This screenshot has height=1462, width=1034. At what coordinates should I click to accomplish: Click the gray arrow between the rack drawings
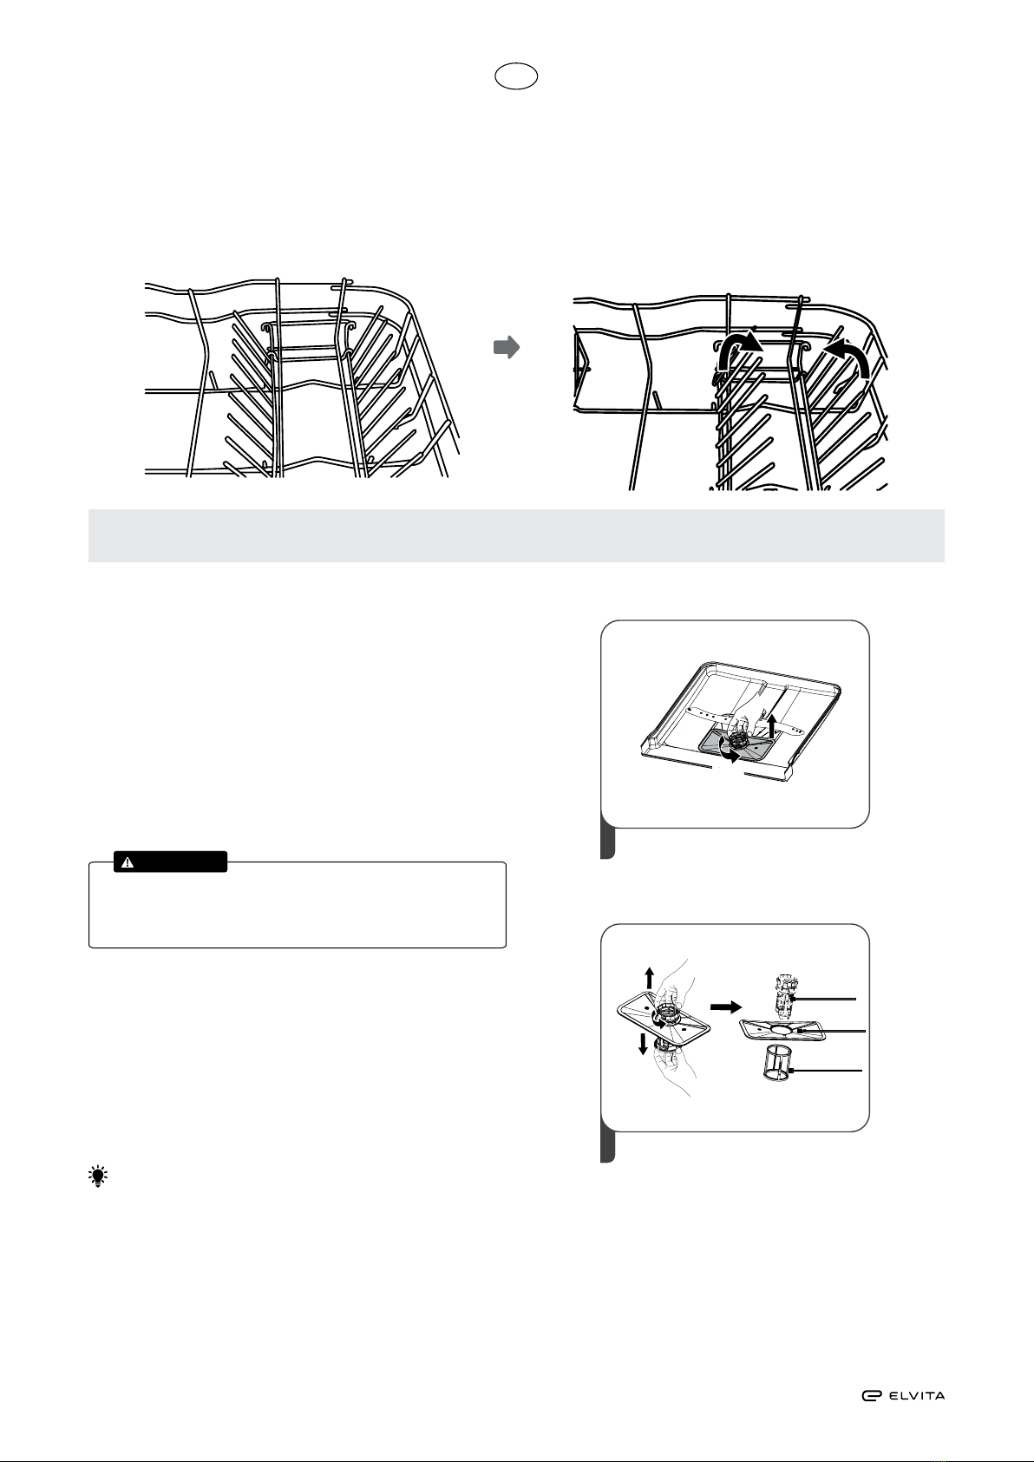[x=507, y=347]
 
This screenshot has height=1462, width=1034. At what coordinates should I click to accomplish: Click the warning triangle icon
[x=128, y=862]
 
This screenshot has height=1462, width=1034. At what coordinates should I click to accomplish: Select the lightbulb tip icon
[x=98, y=1177]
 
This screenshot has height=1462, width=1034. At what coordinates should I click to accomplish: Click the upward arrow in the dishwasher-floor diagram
[x=772, y=725]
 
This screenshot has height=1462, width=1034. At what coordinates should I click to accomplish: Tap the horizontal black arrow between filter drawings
[x=725, y=1006]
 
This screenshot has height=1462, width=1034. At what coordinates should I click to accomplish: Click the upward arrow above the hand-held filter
[x=649, y=978]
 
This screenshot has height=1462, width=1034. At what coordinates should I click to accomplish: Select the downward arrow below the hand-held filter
[x=644, y=1045]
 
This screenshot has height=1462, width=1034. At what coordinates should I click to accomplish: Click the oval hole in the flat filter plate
[x=782, y=1029]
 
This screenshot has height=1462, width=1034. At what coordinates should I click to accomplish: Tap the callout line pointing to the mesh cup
[x=825, y=1071]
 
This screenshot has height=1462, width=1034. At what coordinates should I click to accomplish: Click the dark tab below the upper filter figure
[x=607, y=842]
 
